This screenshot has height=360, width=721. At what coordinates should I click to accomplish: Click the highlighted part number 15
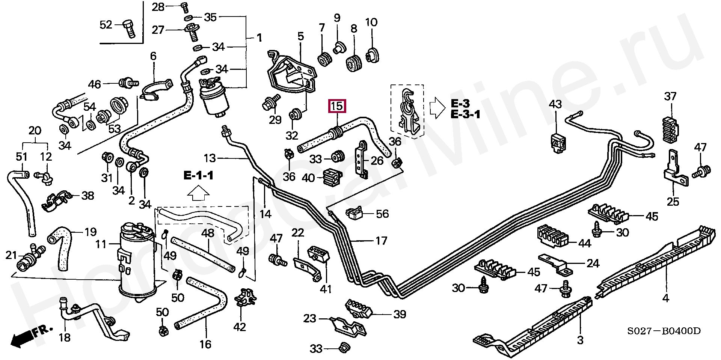pyautogui.click(x=337, y=106)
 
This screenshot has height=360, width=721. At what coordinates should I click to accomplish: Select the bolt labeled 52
pyautogui.click(x=129, y=28)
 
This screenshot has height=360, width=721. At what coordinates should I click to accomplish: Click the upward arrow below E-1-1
pyautogui.click(x=198, y=194)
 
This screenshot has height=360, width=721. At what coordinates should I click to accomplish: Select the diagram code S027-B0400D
pyautogui.click(x=664, y=331)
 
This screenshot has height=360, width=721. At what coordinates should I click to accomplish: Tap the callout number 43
pyautogui.click(x=555, y=104)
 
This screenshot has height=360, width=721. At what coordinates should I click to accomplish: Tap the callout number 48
pyautogui.click(x=208, y=233)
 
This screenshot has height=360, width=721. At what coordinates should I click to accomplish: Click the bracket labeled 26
pyautogui.click(x=362, y=160)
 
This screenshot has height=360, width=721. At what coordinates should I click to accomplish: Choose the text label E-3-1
pyautogui.click(x=465, y=114)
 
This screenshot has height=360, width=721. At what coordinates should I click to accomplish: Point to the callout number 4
pyautogui.click(x=665, y=298)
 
